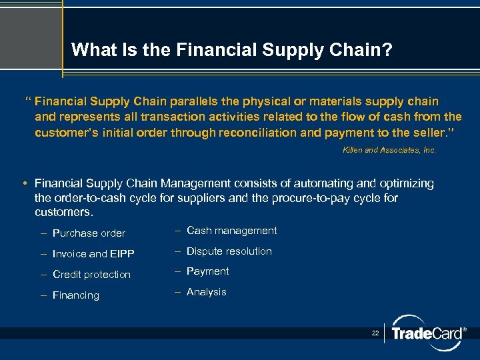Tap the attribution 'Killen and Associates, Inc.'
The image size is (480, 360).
(x=389, y=150)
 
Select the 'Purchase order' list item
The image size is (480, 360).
(x=89, y=233)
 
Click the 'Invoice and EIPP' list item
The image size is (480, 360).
(x=93, y=254)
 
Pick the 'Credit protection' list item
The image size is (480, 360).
(x=91, y=275)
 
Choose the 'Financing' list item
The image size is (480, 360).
(x=75, y=295)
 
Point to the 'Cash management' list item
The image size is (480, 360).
(x=231, y=231)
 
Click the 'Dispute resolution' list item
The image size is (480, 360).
(x=229, y=251)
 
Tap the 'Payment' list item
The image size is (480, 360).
(x=207, y=271)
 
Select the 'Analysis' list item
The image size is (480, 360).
(x=206, y=292)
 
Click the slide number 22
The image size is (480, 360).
(x=375, y=332)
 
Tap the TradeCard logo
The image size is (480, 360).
(x=426, y=333)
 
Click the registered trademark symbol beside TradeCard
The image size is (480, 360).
(x=464, y=329)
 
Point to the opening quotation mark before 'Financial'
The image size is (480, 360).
(x=28, y=101)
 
